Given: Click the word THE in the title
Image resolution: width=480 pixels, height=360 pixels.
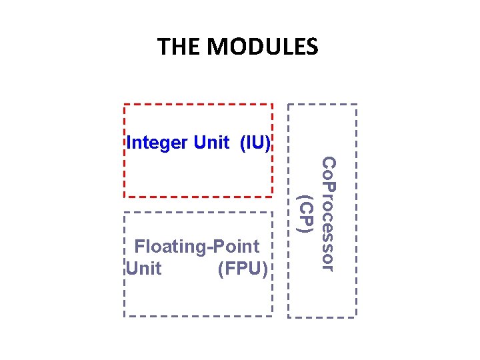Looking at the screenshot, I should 179,47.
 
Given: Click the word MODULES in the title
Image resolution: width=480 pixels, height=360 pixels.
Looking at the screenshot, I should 263,47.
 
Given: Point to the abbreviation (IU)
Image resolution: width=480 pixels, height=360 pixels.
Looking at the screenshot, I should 255,143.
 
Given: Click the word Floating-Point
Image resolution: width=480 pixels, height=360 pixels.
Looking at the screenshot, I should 197,247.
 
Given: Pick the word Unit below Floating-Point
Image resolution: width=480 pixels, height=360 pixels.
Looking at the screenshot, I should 143,269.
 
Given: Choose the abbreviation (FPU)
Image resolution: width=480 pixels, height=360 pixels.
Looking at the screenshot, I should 243,269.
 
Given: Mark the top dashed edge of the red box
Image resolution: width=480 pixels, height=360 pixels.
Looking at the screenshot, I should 199,105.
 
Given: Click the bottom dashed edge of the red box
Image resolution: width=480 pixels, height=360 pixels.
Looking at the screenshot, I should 199,197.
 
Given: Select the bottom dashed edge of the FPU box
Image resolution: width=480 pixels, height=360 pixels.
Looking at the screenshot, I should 199,315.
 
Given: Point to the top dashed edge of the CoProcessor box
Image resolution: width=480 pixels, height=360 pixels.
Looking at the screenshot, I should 323,105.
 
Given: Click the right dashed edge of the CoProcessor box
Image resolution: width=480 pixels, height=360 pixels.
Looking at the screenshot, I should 357,210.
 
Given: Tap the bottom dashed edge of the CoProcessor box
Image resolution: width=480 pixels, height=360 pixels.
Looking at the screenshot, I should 323,316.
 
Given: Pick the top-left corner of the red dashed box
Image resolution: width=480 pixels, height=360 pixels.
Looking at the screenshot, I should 125,105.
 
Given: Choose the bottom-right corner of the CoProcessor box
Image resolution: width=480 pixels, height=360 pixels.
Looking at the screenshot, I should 357,316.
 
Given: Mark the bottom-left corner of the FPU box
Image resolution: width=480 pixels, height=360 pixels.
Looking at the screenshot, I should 125,315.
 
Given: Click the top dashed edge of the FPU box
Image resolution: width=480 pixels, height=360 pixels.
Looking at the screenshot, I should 199,213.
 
